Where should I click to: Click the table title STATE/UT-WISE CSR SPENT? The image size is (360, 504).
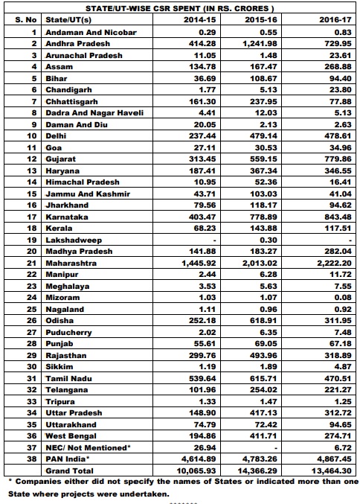pyautogui.click(x=179, y=7)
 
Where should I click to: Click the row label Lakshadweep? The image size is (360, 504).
pyautogui.click(x=69, y=240)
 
